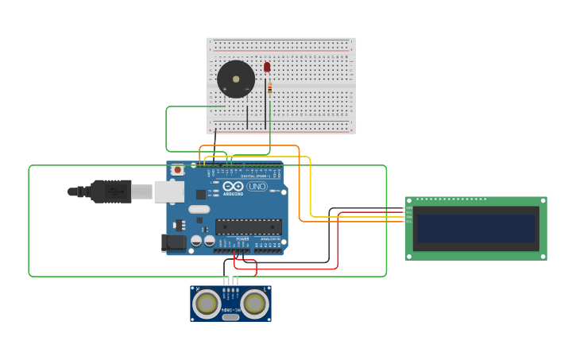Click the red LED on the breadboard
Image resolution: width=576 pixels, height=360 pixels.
coord(267,68)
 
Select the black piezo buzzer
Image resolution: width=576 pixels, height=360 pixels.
coord(236,79)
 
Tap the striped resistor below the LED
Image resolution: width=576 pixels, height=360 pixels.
coord(269,88)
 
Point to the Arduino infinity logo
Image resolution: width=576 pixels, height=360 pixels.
coord(233,186)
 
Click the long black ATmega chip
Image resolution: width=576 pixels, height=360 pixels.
coord(248,226)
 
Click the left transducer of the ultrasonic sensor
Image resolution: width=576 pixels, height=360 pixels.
coord(207,303)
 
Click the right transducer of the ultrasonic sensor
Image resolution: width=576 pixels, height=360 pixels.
coord(255,303)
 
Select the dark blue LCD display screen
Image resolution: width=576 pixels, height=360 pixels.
coord(477,228)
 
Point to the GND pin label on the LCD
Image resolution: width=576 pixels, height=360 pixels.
coord(409,208)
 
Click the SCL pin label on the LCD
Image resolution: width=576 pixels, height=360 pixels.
coord(409,222)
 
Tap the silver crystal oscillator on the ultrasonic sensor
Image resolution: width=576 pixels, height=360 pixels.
coord(230,317)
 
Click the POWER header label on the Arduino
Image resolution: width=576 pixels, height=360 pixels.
coord(242,238)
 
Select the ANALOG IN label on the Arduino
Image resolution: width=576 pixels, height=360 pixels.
coord(269,238)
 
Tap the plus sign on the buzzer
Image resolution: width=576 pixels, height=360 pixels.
coord(225,88)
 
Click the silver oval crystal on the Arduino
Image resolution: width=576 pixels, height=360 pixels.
coord(199,209)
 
